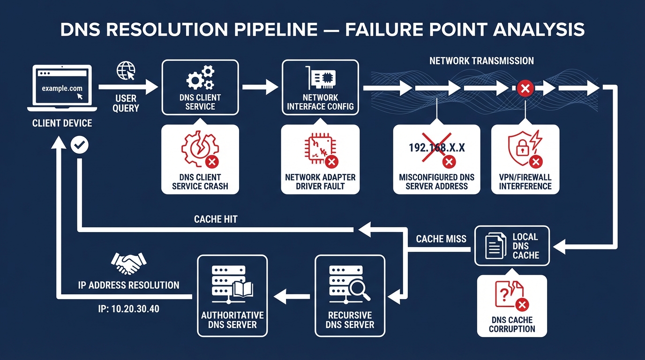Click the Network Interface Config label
pos(320,102)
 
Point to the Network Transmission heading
pos(481,61)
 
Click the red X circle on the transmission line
pos(525,88)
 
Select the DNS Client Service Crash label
pos(200,181)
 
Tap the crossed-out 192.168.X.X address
pos(436,148)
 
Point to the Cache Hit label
pos(216,219)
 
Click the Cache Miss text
pos(441,239)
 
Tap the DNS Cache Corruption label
pos(512,324)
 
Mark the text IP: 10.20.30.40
pos(128,310)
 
